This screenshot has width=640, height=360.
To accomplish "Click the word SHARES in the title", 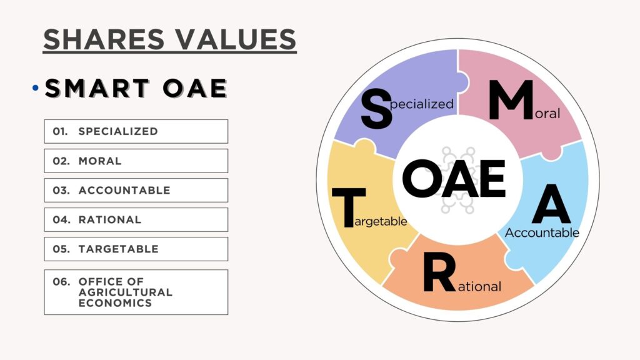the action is [x=104, y=39].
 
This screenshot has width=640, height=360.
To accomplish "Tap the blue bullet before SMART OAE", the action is [x=36, y=87].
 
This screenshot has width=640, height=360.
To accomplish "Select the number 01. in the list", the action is [x=60, y=131].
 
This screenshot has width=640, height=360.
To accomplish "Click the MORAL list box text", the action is [x=100, y=161].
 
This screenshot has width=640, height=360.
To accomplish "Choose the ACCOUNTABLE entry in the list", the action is [x=124, y=190].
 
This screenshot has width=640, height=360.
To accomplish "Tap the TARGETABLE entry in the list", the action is [x=118, y=249].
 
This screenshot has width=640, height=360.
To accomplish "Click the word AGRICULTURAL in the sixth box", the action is [x=126, y=292].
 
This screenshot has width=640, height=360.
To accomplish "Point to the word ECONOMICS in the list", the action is [x=115, y=303].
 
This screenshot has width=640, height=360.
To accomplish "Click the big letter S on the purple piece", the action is [x=376, y=109].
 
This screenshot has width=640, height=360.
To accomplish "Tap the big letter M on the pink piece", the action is [x=511, y=100].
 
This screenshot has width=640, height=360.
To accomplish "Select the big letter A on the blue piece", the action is [x=551, y=204].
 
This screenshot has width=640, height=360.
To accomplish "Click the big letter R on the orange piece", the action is [x=439, y=272].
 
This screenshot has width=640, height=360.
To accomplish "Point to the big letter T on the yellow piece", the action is [x=349, y=207].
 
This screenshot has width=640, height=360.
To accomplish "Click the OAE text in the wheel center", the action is [x=454, y=179].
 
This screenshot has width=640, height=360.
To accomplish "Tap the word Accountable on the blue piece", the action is [x=542, y=232].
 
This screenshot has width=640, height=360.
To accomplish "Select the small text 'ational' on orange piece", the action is [x=479, y=286].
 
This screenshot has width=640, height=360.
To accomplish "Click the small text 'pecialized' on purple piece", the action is [x=422, y=104].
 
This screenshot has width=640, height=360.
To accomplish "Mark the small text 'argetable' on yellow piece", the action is [x=381, y=222].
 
